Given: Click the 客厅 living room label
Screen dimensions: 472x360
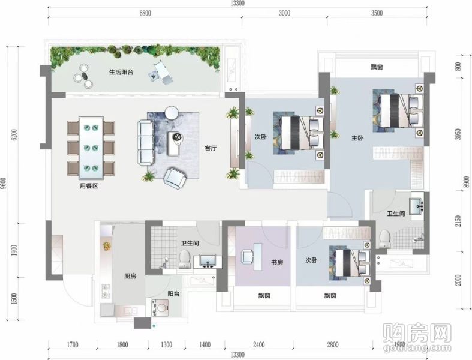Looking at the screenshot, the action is click(x=211, y=148).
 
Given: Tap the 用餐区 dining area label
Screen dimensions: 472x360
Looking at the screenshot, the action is click(x=89, y=186).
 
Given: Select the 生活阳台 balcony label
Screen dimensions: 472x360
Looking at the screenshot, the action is click(x=121, y=73).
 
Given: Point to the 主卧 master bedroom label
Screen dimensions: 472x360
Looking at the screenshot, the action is click(x=357, y=138).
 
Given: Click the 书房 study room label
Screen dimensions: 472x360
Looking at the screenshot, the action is click(x=277, y=262).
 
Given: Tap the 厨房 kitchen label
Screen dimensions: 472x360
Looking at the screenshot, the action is click(x=130, y=276).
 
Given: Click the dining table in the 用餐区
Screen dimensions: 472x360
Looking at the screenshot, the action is click(x=91, y=148).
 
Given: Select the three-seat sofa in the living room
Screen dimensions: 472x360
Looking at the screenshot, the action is click(x=146, y=142).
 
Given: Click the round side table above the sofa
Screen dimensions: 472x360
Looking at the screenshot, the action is click(x=172, y=113).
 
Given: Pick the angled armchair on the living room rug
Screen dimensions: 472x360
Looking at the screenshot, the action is click(x=175, y=178).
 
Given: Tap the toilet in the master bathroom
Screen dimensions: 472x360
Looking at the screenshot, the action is click(x=384, y=239).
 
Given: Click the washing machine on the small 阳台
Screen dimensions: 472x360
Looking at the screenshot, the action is click(x=160, y=308).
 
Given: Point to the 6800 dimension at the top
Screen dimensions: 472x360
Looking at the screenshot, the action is click(x=145, y=13).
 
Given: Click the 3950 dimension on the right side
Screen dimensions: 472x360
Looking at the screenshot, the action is click(x=458, y=134).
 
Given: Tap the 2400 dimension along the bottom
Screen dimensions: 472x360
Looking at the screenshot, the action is click(x=258, y=344).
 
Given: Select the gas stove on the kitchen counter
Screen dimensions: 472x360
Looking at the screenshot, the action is click(x=106, y=290).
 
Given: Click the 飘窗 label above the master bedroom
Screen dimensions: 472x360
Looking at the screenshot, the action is click(x=377, y=67).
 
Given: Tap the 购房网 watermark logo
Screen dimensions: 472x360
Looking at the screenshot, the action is click(x=417, y=333).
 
